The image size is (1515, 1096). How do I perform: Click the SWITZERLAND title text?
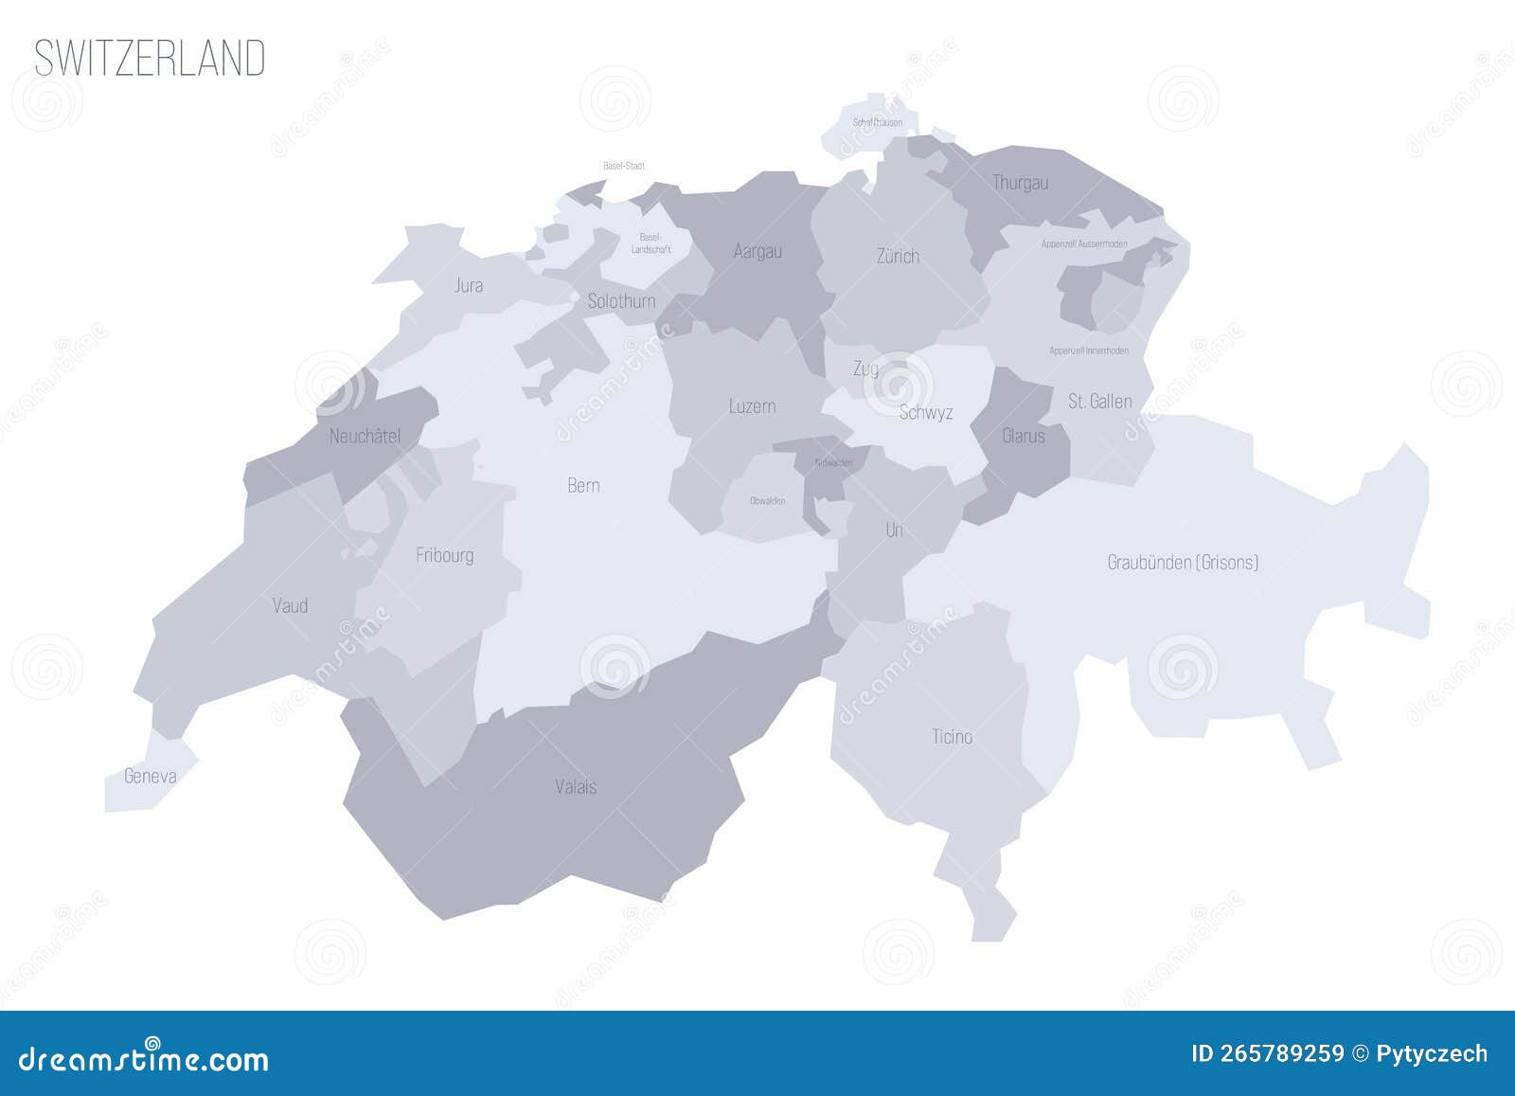150,58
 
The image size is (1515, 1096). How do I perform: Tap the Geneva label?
151,777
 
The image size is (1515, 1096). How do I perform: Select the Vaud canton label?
290,605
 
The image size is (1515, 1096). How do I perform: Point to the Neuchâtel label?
365,437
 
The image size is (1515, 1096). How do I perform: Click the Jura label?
469,285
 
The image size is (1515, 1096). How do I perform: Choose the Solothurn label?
621,301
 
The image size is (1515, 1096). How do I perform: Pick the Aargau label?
757,251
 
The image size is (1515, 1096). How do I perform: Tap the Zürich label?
898,256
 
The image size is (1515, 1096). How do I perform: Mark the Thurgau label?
1020,183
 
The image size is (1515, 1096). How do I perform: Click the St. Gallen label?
1099,402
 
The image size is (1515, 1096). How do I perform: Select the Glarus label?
1024,436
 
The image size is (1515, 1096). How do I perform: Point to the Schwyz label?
925,412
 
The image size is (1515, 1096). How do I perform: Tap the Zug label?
865,368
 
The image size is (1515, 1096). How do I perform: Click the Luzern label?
753,406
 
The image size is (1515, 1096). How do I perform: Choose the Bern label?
583,485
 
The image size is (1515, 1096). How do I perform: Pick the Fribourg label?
444,555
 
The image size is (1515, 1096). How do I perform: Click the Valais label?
576,786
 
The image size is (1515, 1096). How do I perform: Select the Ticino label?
952,736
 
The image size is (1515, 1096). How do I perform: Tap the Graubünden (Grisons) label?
1183,563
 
